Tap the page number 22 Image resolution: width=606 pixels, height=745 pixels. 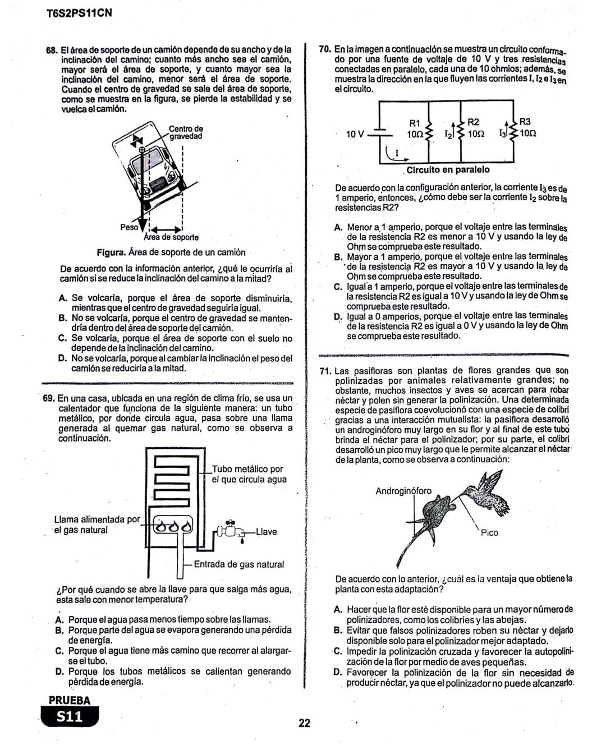pos(304,723)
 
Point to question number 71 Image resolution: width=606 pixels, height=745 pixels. pos(326,371)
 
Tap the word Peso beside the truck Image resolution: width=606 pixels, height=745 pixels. pos(129,227)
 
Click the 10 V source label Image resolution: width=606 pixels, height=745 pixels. pos(355,134)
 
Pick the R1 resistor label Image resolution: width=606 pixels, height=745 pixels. pos(415,123)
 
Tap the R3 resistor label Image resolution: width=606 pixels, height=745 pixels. pos(525,122)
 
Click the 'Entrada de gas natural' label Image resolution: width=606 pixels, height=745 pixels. pos(238,564)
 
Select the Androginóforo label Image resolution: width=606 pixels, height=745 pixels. pos(403,491)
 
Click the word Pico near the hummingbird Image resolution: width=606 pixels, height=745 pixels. pos(489,533)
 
